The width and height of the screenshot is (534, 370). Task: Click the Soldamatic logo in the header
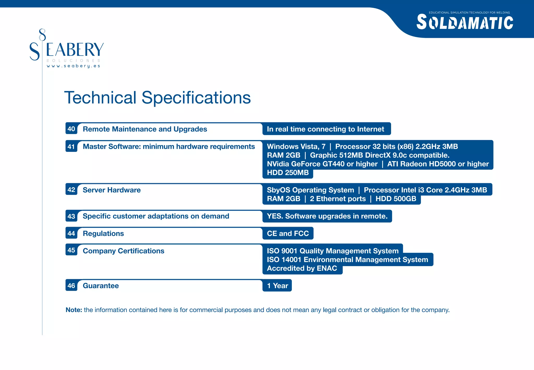(465, 22)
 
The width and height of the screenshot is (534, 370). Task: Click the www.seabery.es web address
(73, 66)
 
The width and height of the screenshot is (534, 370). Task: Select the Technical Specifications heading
(157, 98)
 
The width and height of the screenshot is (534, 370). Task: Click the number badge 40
(71, 129)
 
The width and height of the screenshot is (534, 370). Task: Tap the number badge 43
(71, 216)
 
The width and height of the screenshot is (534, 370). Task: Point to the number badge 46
(71, 286)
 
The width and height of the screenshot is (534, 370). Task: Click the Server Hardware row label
(112, 190)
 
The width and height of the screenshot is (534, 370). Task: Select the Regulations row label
(103, 234)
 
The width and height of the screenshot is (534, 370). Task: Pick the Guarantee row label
(101, 286)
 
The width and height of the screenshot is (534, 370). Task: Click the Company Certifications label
(123, 251)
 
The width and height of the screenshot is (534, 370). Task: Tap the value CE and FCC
(288, 234)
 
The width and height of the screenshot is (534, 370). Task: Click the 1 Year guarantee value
(277, 286)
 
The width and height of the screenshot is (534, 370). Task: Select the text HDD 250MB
(288, 173)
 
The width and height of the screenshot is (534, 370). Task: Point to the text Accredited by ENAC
(302, 268)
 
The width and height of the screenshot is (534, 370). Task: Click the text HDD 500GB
(396, 199)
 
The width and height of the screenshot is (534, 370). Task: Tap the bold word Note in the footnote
(74, 310)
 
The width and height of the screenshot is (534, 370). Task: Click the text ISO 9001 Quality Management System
(332, 251)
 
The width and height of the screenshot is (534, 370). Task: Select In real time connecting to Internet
(325, 129)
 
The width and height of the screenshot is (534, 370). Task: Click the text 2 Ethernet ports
(338, 199)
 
